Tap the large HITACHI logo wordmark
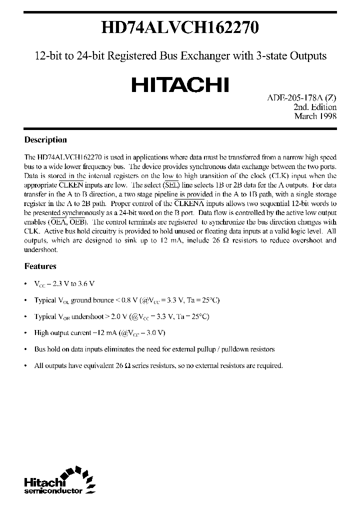(x=180, y=84)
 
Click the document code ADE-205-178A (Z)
(x=299, y=98)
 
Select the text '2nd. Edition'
(x=315, y=107)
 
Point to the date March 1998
(x=315, y=116)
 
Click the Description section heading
(x=45, y=140)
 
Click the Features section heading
(x=40, y=266)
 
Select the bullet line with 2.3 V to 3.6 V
(x=64, y=283)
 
